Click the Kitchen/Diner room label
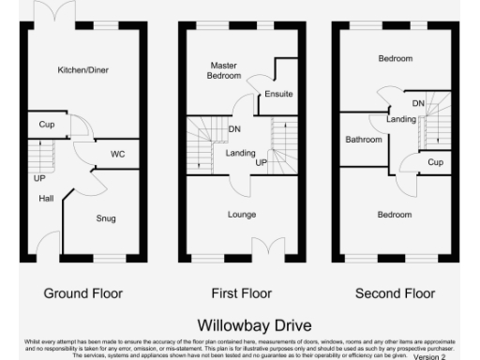pyautogui.click(x=82, y=69)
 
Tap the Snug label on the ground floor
pyautogui.click(x=106, y=218)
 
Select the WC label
pyautogui.click(x=117, y=154)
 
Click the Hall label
pyautogui.click(x=46, y=198)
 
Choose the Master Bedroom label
pyautogui.click(x=224, y=69)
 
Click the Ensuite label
pyautogui.click(x=279, y=95)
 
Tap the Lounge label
pyautogui.click(x=242, y=214)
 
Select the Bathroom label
pyautogui.click(x=363, y=140)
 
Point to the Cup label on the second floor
pyautogui.click(x=435, y=162)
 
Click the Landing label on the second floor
pyautogui.click(x=401, y=119)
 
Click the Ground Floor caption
pyautogui.click(x=82, y=293)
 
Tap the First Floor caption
pyautogui.click(x=242, y=293)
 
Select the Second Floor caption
pyautogui.click(x=395, y=293)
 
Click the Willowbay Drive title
pyautogui.click(x=242, y=325)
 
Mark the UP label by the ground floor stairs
pyautogui.click(x=39, y=177)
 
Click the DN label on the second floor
pyautogui.click(x=419, y=102)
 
